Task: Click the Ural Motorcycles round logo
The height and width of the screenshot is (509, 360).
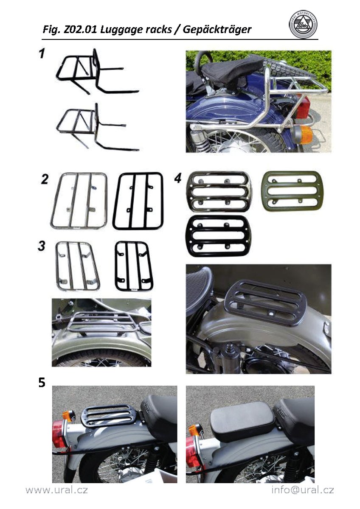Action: [x=303, y=25]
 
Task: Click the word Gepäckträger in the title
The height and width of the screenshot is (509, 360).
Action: [x=217, y=30]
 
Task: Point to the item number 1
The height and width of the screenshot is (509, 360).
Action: [x=41, y=54]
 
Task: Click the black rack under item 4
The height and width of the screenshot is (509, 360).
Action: [x=218, y=236]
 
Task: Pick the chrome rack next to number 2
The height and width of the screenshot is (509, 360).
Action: [x=79, y=201]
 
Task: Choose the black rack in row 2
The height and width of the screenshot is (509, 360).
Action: [x=138, y=201]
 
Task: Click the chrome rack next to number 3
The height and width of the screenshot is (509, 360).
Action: [x=78, y=266]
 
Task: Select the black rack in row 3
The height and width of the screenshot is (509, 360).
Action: [x=134, y=266]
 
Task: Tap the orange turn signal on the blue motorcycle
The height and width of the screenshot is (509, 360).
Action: [x=304, y=135]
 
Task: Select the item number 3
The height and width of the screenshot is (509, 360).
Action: [x=41, y=246]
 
